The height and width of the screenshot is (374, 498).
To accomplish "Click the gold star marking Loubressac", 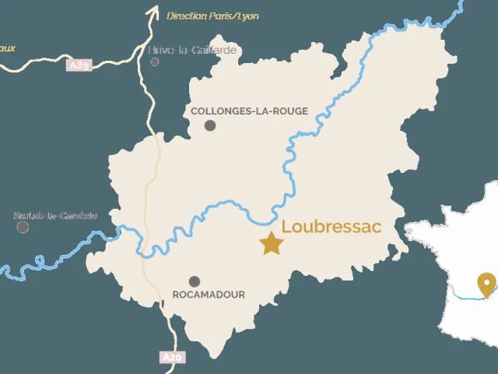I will click(x=272, y=243).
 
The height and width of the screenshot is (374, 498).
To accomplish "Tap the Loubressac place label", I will click(x=331, y=227).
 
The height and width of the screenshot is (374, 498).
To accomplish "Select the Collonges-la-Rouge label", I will click(x=249, y=111).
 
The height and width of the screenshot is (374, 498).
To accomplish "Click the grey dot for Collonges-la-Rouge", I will click(x=210, y=125).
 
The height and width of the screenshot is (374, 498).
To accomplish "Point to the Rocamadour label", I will click(x=208, y=295).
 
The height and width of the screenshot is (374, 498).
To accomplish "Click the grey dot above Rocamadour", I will click(x=195, y=281).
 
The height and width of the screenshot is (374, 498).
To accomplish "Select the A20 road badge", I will click(x=173, y=357).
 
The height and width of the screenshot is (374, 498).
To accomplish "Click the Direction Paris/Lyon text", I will click(x=212, y=16).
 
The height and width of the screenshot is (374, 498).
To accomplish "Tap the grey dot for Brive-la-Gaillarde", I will click(x=155, y=61).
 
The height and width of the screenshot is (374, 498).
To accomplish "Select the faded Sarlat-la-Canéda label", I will click(x=56, y=215).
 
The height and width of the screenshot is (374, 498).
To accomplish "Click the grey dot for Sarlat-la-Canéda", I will click(x=23, y=227).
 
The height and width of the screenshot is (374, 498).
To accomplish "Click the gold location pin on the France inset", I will click(x=487, y=284).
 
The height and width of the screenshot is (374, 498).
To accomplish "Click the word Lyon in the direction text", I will click(x=250, y=16).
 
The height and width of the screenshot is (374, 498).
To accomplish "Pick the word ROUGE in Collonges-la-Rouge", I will click(x=290, y=111).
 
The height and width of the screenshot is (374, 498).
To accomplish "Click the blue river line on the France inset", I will click(x=467, y=297).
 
